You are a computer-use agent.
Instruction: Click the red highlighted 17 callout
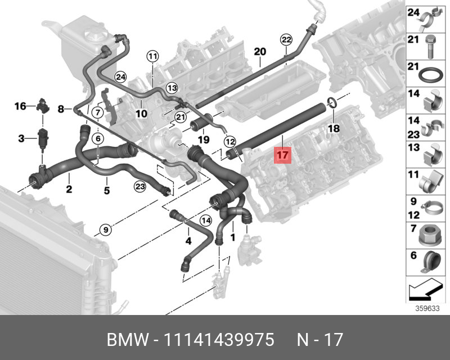(x=283, y=155)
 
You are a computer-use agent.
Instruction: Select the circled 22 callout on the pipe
(x=286, y=39)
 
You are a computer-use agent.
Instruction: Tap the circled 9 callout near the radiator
(x=106, y=229)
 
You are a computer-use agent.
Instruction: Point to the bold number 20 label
(x=260, y=52)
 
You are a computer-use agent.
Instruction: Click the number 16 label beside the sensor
(x=20, y=106)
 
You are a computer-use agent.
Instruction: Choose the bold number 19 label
(x=204, y=140)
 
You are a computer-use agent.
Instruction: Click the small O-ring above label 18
(x=332, y=102)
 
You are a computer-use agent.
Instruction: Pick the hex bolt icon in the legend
(x=430, y=47)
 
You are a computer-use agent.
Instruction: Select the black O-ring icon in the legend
(x=430, y=75)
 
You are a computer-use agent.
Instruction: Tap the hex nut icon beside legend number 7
(x=430, y=236)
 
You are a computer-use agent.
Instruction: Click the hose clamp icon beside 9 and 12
(x=432, y=208)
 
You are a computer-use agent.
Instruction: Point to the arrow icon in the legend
(x=425, y=289)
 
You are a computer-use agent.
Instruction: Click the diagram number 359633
(x=427, y=309)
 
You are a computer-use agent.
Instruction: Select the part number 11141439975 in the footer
(x=219, y=340)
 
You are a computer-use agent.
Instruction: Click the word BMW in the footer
(x=128, y=340)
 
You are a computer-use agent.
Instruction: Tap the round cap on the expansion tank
(x=96, y=35)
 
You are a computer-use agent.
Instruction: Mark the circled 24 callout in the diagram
(x=121, y=77)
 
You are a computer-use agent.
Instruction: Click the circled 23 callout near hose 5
(x=140, y=187)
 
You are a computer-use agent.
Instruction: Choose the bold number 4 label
(x=188, y=241)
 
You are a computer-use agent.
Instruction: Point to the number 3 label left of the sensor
(x=21, y=139)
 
